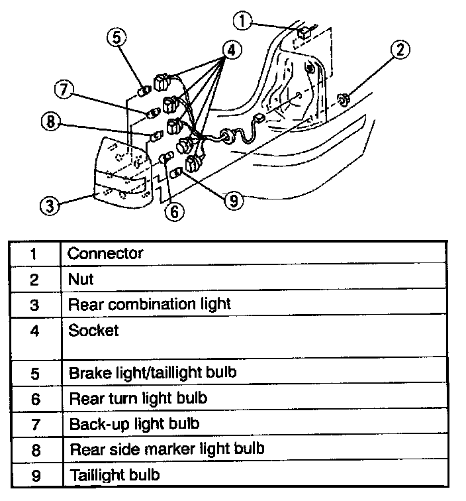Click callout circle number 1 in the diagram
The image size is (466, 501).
point(244,22)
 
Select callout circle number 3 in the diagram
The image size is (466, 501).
point(48,206)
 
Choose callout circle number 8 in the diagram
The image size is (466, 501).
point(50,121)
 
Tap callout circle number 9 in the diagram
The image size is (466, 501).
point(233,200)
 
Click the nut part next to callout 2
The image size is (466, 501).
point(344,100)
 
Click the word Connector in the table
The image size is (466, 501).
point(105,254)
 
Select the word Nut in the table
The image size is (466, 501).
point(80,279)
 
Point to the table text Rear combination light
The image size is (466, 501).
point(150,304)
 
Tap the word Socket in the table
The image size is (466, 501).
point(93,330)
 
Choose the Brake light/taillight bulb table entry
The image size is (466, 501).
point(152,372)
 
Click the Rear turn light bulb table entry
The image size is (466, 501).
point(138,398)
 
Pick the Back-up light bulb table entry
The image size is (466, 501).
point(134,423)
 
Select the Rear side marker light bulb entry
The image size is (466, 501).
point(167,449)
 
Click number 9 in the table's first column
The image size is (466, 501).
point(35,475)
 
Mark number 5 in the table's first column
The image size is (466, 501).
point(35,372)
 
